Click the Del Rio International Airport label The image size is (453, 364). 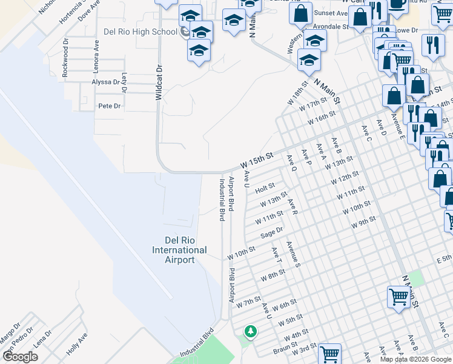click(179, 250)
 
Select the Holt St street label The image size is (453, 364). click(265, 189)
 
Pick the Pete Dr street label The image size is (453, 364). click(110, 106)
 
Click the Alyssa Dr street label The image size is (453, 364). click(105, 82)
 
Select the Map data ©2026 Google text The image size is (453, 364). click(415, 359)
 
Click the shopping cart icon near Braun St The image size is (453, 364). click(329, 354)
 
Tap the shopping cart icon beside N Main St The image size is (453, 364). click(398, 297)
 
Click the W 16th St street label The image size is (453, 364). click(321, 117)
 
